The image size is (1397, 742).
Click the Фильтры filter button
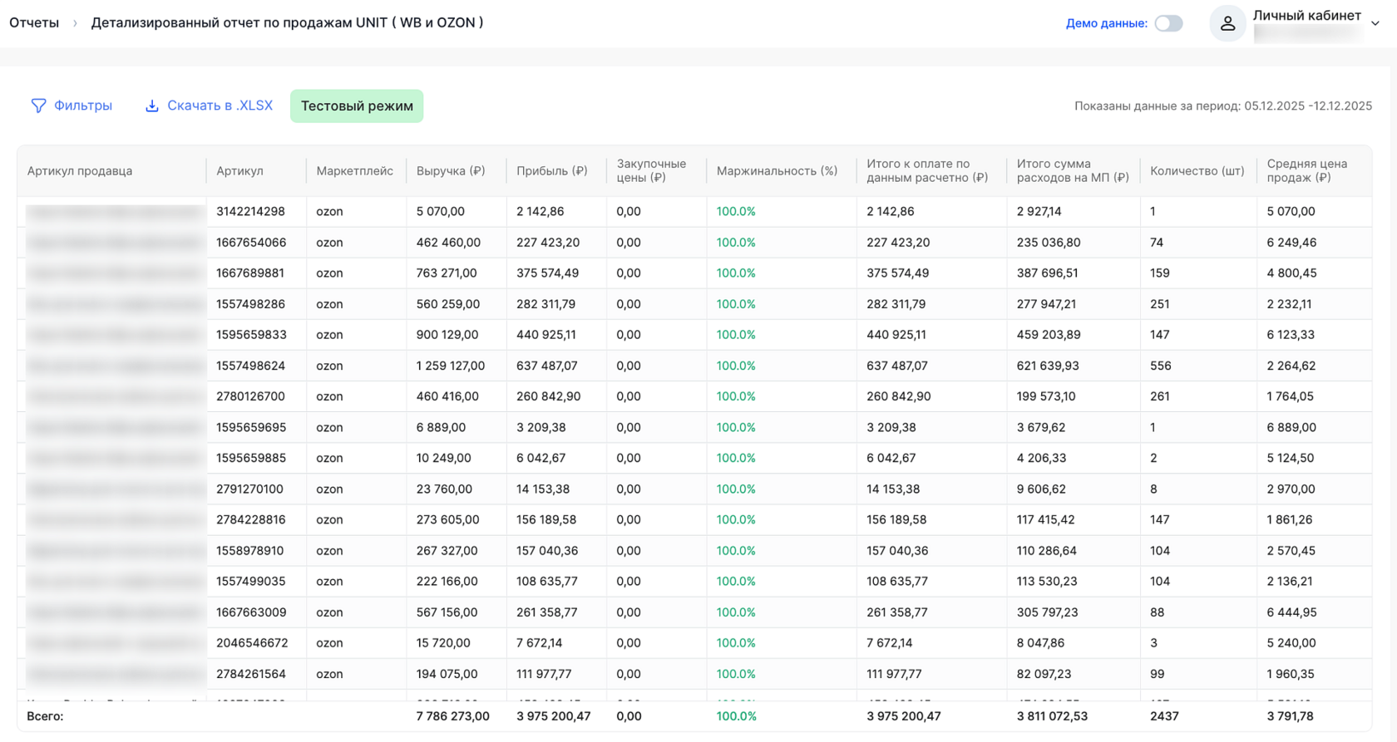point(72,106)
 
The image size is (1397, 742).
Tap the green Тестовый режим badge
point(357,106)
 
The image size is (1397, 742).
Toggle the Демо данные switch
point(1168,23)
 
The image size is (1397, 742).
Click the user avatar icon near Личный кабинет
point(1227,23)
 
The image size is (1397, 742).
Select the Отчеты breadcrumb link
point(34,22)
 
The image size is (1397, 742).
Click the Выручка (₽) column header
point(451,171)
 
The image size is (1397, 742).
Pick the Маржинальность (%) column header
point(777,171)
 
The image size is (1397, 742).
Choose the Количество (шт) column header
point(1197,171)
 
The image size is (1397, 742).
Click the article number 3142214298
point(250,212)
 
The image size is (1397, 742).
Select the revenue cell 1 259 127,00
point(450,366)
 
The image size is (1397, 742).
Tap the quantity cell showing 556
point(1160,366)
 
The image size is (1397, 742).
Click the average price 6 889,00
point(1291,427)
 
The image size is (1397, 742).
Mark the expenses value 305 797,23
point(1047,612)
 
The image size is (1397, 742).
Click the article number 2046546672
point(252,643)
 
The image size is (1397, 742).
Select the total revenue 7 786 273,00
point(452,716)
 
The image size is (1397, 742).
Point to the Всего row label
point(45,716)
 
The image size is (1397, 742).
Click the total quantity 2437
point(1164,716)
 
